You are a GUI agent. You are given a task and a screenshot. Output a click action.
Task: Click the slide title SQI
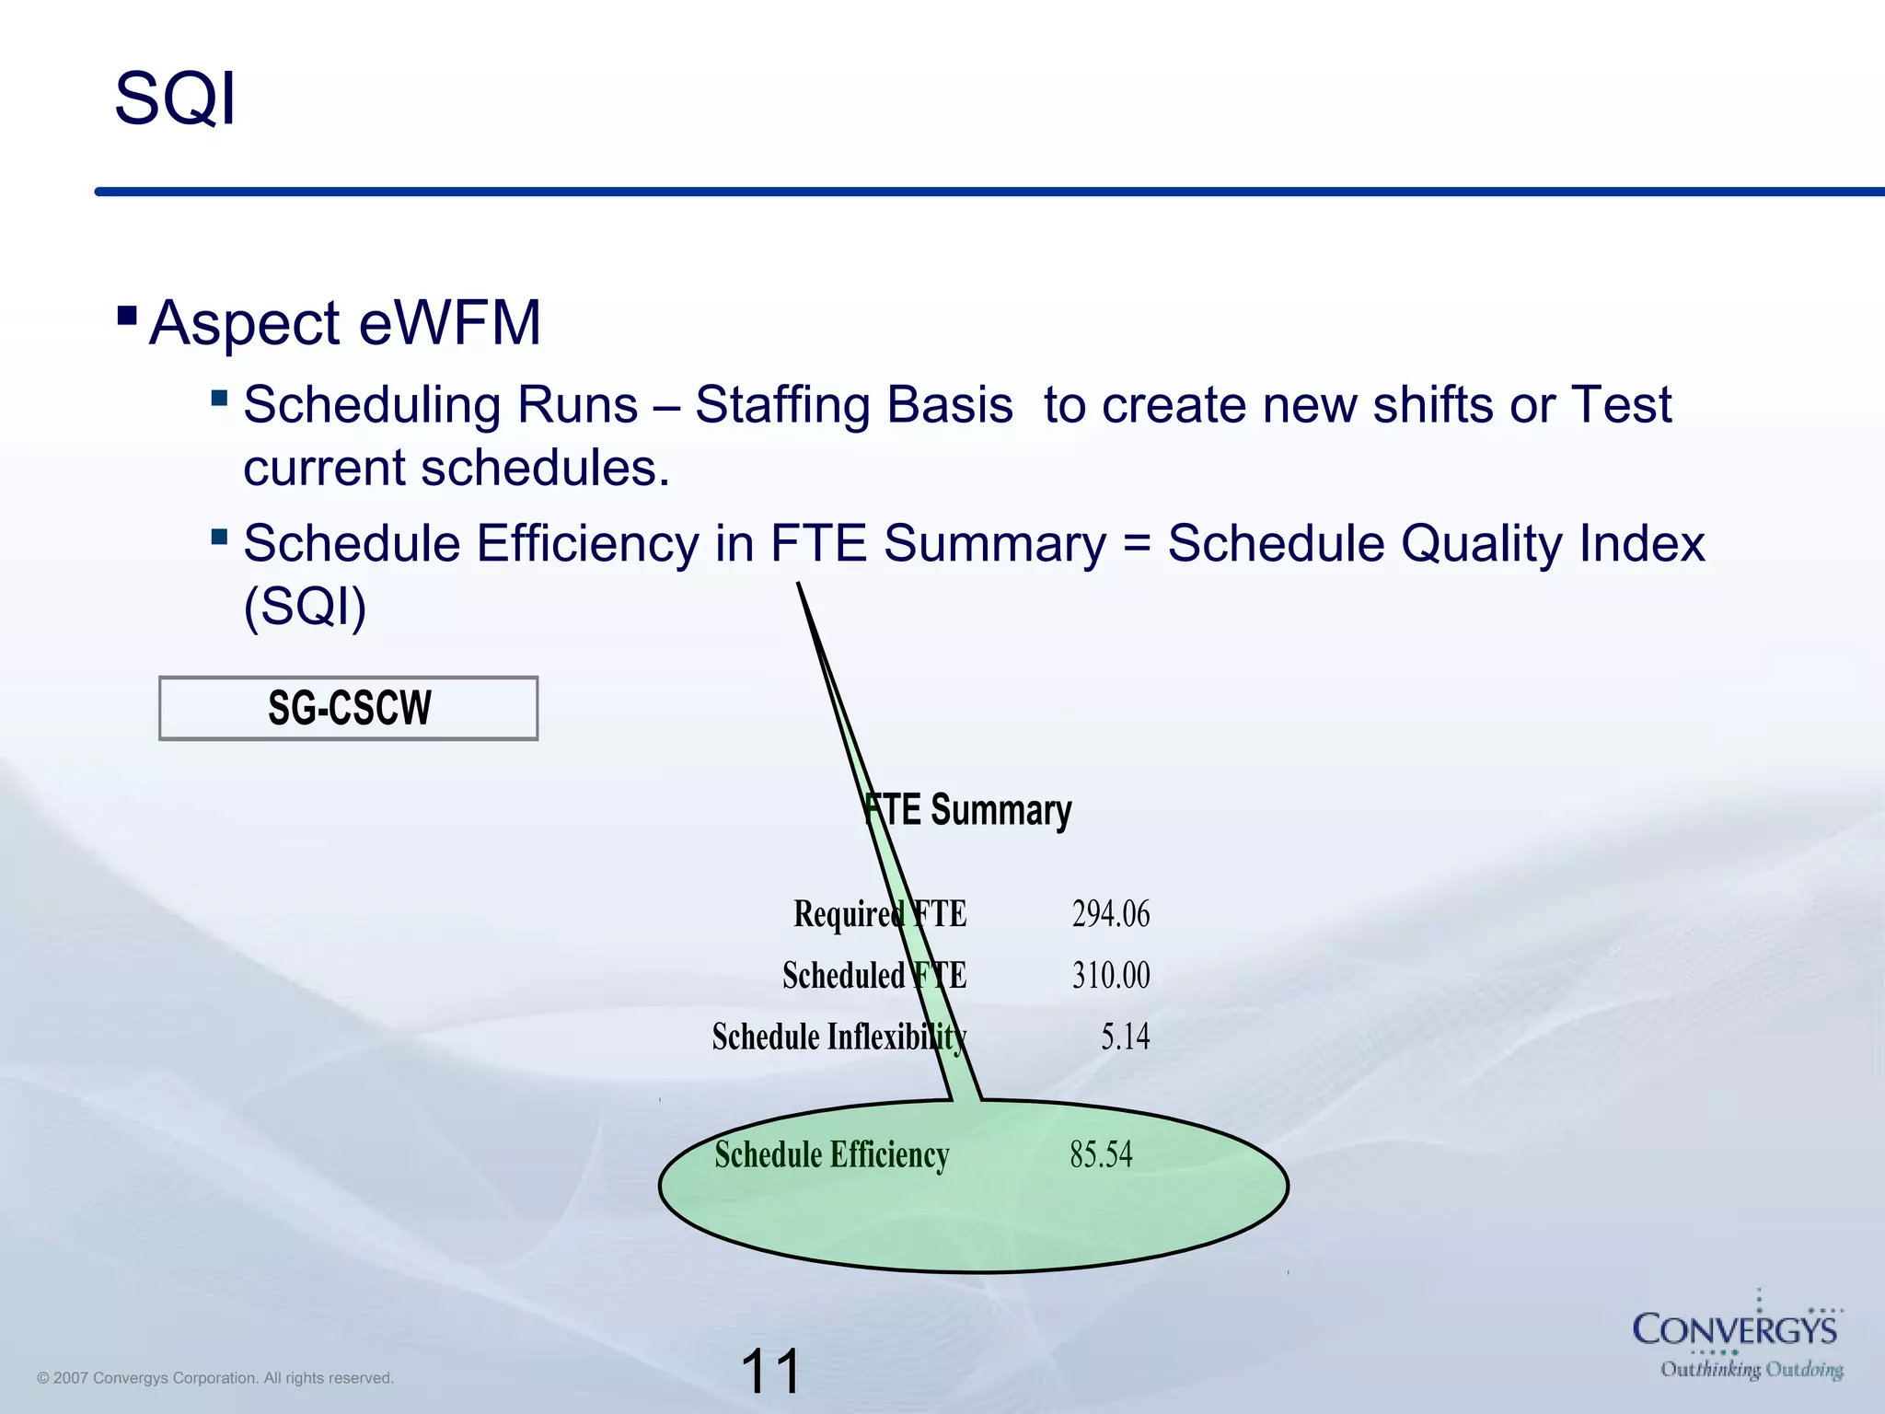click(175, 99)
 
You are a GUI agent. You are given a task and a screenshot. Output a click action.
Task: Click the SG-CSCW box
click(349, 708)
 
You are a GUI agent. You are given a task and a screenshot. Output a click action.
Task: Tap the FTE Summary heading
click(968, 810)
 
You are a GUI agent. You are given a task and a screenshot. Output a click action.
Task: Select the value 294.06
click(1111, 914)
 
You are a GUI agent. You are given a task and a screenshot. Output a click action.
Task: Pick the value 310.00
click(1111, 976)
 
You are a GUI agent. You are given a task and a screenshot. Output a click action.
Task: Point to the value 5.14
click(1125, 1037)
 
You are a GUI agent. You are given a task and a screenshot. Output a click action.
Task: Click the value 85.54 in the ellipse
click(1101, 1154)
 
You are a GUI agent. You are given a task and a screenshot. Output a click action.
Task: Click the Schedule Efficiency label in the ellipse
click(832, 1154)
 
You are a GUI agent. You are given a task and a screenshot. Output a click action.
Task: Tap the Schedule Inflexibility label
click(838, 1037)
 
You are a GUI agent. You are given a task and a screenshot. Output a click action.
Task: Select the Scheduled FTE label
click(874, 976)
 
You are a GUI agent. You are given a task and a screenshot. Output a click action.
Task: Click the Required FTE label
click(880, 914)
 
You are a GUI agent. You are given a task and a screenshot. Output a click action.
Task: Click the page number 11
click(770, 1372)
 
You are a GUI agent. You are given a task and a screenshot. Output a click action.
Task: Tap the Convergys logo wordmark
click(1734, 1330)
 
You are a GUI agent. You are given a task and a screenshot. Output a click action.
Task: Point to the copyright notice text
click(215, 1378)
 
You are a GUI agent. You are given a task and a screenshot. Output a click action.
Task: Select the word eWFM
click(450, 323)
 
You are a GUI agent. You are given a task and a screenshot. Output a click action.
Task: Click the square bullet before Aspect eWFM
click(128, 318)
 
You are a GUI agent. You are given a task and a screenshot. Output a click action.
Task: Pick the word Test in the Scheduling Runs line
click(1621, 405)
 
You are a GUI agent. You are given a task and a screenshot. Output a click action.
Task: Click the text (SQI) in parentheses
click(305, 607)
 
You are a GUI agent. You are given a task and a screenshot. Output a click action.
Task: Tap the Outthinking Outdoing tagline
click(1751, 1370)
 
